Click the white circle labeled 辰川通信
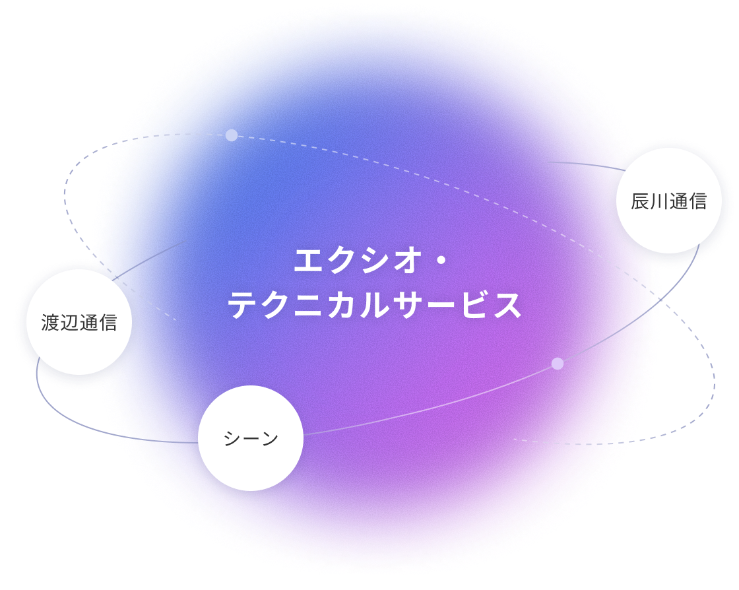[668, 201]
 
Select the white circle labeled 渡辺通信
[79, 322]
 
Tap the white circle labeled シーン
[251, 438]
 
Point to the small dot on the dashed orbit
[232, 135]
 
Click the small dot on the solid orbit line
[558, 364]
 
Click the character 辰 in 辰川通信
[640, 201]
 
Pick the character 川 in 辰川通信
[659, 201]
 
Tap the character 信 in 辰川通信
[697, 201]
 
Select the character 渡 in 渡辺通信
[50, 323]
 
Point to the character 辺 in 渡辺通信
[69, 323]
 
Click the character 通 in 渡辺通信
[88, 323]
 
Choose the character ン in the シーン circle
[269, 439]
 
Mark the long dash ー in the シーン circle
[251, 439]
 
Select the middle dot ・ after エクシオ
[441, 261]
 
